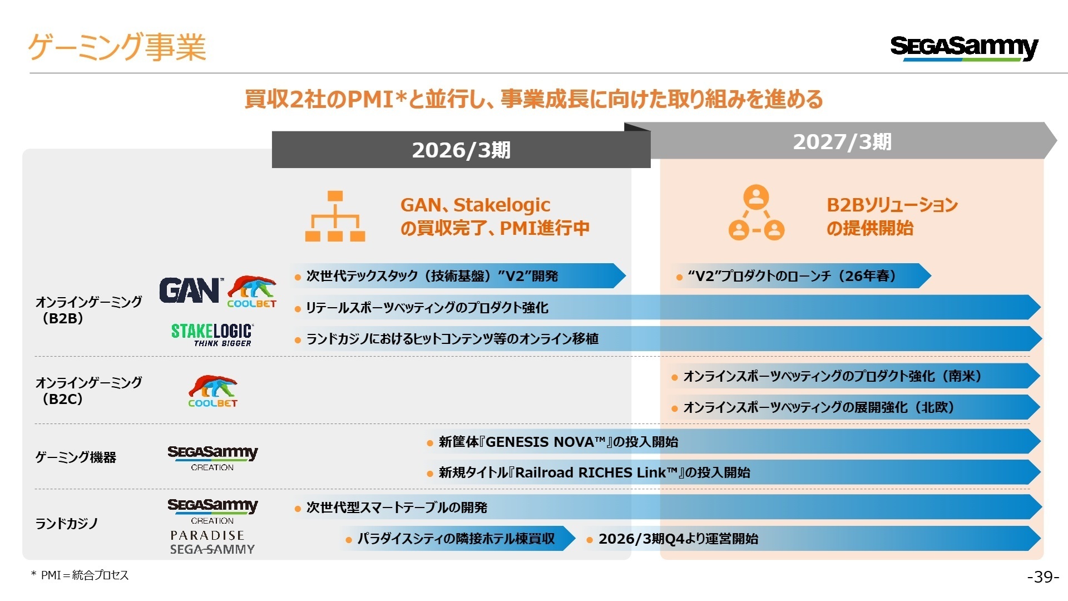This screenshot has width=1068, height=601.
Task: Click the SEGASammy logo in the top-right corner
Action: click(963, 48)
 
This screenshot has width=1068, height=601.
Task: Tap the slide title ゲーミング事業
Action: click(117, 47)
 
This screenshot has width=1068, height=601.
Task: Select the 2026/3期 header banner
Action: click(461, 150)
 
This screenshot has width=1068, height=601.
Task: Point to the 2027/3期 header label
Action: click(842, 142)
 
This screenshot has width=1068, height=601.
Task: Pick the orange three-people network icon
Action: click(756, 213)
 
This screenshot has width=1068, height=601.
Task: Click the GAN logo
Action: click(190, 290)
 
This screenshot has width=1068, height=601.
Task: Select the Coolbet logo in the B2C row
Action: click(212, 391)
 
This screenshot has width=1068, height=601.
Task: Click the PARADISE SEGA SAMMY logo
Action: click(212, 543)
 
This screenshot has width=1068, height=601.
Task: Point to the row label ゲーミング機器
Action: click(76, 457)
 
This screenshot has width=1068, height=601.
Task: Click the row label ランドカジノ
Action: click(67, 524)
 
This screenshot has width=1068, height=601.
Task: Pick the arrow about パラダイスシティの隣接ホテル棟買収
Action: click(456, 539)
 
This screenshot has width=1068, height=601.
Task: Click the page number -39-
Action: click(1042, 577)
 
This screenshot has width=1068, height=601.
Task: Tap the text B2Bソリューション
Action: click(892, 205)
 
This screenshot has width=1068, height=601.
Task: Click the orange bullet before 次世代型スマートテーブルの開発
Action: click(298, 508)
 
